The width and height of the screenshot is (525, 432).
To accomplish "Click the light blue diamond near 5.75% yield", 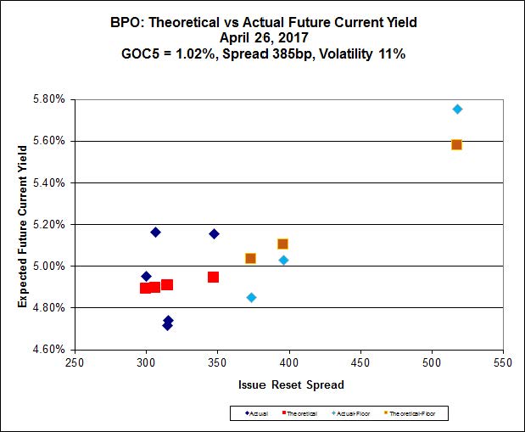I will [x=457, y=109].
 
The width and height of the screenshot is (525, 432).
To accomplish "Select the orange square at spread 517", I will [x=456, y=144].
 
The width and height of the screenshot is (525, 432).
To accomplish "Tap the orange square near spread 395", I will [x=282, y=244].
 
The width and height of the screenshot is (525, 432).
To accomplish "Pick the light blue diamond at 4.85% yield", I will [x=251, y=297].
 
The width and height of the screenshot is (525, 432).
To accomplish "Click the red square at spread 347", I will [x=213, y=277].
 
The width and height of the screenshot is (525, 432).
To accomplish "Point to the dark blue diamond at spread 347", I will [x=214, y=233].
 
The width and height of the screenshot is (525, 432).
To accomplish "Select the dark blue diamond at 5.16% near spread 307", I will [x=155, y=232].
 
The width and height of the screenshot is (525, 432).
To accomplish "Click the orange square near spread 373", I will [x=250, y=258].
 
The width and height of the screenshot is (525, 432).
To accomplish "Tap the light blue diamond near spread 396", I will [x=283, y=260].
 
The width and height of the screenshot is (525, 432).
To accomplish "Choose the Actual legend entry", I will [x=257, y=413].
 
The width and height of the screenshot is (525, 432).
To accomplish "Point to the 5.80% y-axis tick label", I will [x=49, y=98].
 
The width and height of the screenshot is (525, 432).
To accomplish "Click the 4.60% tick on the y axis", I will [x=49, y=349].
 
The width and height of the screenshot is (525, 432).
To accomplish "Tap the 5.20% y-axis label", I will [x=49, y=224].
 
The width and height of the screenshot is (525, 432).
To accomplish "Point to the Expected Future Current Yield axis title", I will [x=23, y=223].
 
